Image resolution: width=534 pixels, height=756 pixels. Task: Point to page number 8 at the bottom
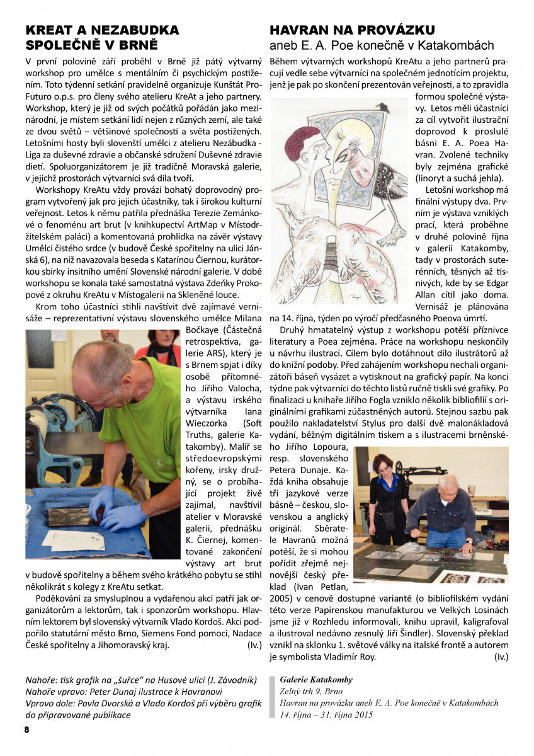point(27,730)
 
